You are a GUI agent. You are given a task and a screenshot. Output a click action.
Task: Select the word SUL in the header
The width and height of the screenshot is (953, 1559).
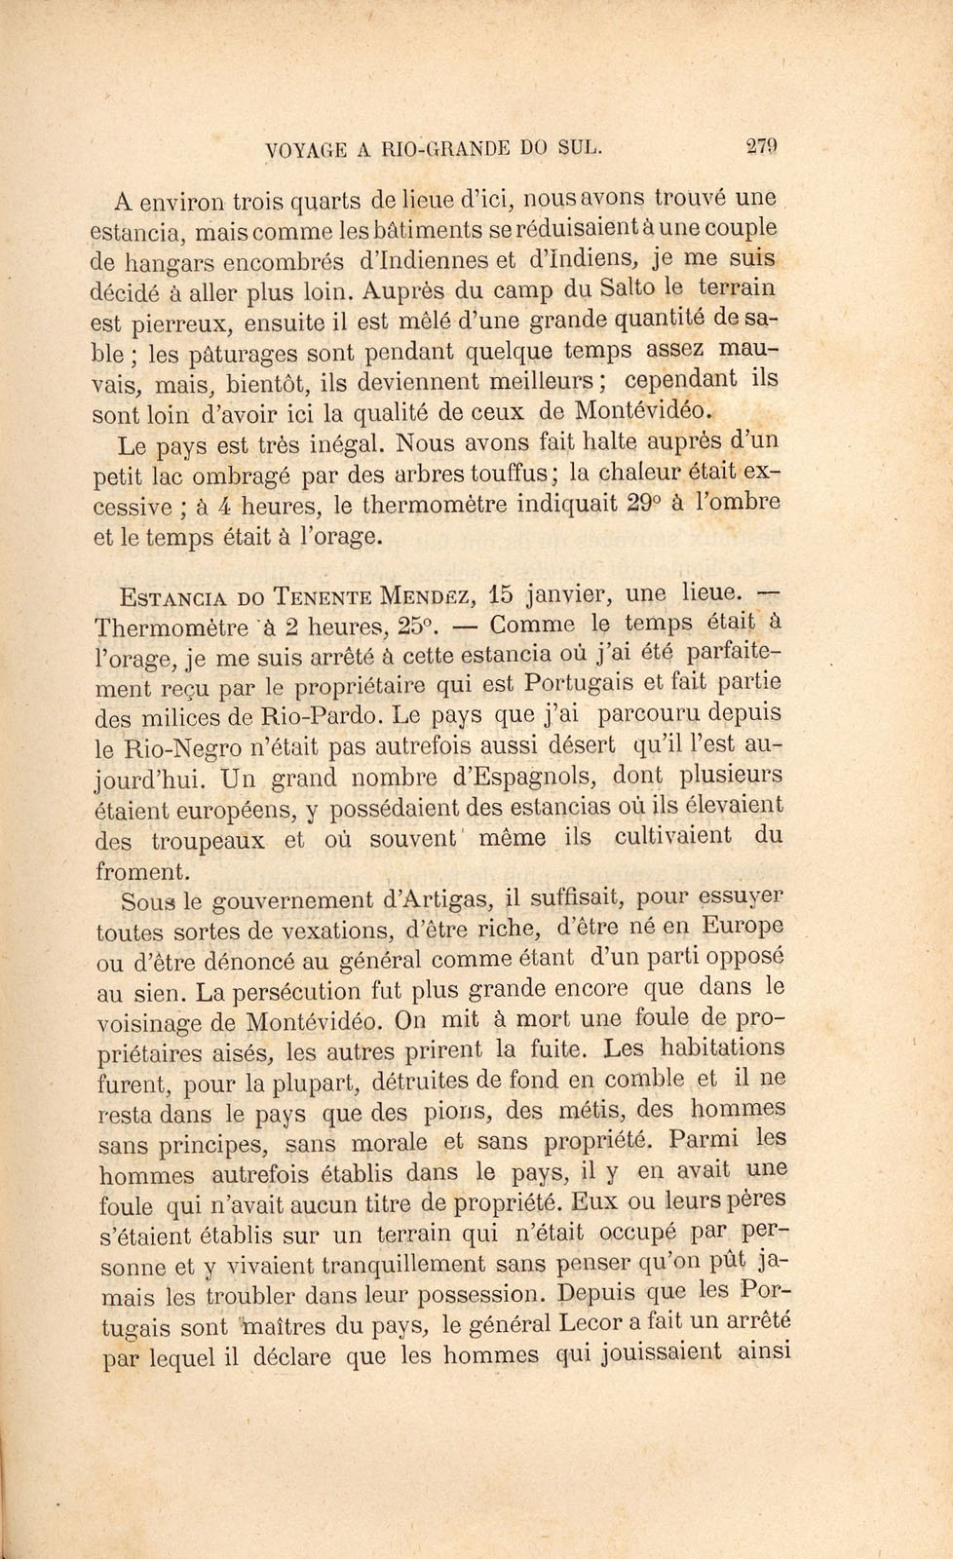(x=581, y=149)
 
